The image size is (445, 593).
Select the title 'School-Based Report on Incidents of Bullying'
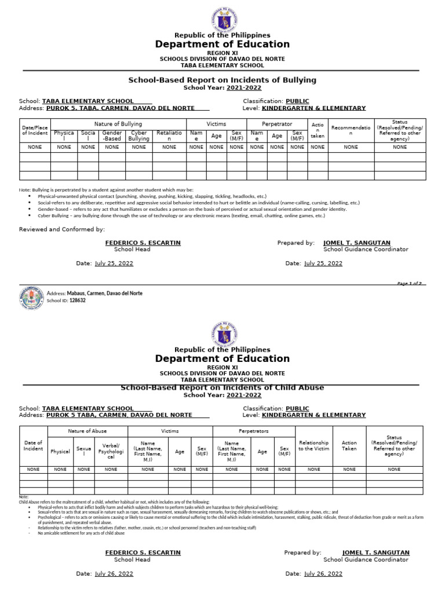(x=222, y=80)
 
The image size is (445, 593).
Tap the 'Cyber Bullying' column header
(x=138, y=136)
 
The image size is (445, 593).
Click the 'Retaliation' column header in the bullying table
(x=169, y=136)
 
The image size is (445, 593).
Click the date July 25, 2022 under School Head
(x=114, y=263)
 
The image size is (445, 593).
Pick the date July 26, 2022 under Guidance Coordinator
(x=323, y=574)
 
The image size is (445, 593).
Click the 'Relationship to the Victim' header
(x=313, y=446)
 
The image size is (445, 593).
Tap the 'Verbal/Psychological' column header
(x=111, y=451)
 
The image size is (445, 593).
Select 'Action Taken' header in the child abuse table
(x=349, y=446)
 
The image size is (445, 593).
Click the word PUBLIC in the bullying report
(x=297, y=101)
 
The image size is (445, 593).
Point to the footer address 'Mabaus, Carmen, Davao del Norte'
(x=104, y=294)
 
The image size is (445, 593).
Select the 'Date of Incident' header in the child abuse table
(x=33, y=446)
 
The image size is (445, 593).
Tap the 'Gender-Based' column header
(x=112, y=136)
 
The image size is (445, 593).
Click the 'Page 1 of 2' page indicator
(x=409, y=284)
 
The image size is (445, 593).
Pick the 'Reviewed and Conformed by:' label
(x=62, y=230)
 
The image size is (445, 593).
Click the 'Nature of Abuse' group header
(x=87, y=431)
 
